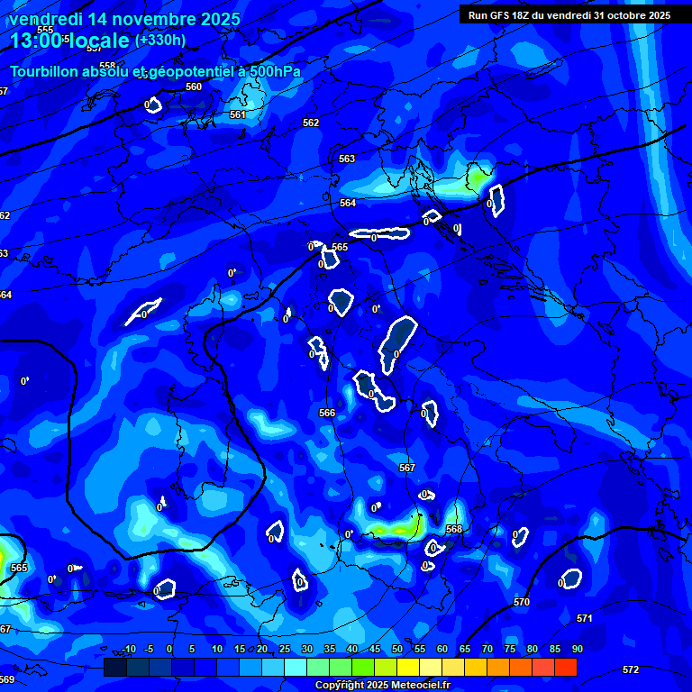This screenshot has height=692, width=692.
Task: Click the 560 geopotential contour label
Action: tap(194, 86)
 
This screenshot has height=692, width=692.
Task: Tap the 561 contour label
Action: tap(238, 114)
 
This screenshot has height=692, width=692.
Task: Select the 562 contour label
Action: tap(311, 123)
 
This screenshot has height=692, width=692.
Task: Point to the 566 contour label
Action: tap(327, 413)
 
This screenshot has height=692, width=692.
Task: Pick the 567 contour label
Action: tap(407, 468)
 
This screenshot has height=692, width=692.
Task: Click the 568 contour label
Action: tap(454, 529)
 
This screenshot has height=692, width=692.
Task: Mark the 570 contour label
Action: tap(522, 601)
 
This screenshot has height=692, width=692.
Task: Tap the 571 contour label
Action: tap(585, 618)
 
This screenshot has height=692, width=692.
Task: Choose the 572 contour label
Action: tap(631, 669)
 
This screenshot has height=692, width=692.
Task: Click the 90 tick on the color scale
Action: tap(577, 650)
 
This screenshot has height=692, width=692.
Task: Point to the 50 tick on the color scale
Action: tap(397, 650)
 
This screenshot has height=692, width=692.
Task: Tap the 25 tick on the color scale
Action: tap(285, 650)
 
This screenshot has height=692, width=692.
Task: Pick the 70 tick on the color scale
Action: tap(487, 650)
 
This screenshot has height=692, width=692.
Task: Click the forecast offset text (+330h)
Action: tap(160, 40)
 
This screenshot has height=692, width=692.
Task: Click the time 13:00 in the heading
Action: tap(35, 41)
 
